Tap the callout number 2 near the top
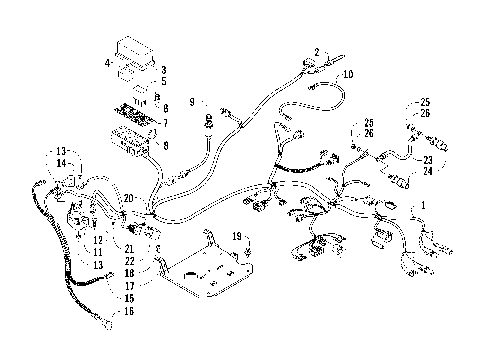coord(317,51)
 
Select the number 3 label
coord(164,69)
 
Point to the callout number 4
coord(107,63)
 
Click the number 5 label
coord(164,82)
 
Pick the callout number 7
coord(164,123)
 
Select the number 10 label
coord(347,75)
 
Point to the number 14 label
coord(61,162)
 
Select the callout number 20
coord(128,199)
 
